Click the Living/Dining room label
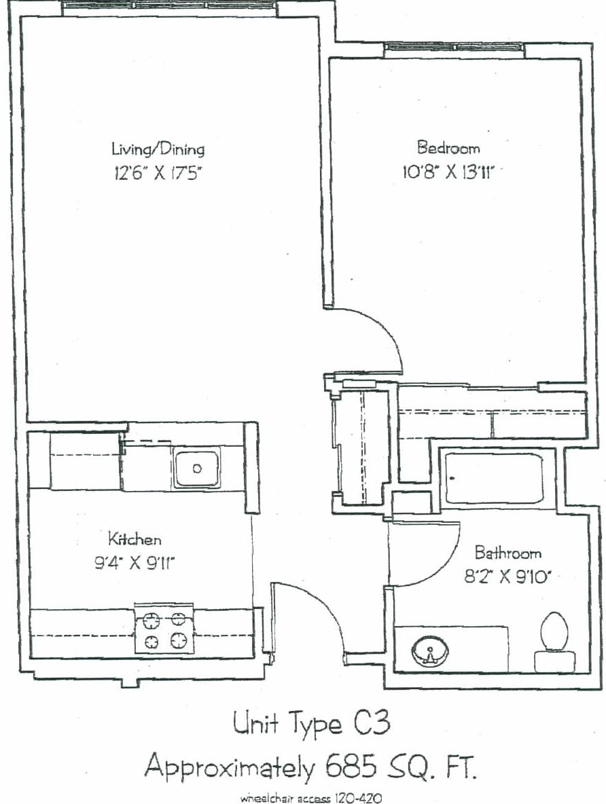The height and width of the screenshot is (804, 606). [x=158, y=149]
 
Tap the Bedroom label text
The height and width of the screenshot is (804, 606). [x=448, y=147]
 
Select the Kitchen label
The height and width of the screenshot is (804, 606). [x=135, y=539]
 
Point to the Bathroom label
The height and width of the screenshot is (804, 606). [x=508, y=553]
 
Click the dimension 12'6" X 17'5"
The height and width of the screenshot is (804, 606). [x=156, y=174]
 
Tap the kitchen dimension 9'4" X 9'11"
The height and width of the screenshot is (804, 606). [x=135, y=564]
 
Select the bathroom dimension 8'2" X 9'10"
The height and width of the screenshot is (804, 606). [x=507, y=577]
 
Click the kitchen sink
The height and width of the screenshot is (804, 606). [x=196, y=467]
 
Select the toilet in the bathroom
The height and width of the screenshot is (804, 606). [x=554, y=642]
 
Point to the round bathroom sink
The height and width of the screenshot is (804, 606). [x=430, y=652]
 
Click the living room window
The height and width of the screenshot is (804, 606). [x=171, y=7]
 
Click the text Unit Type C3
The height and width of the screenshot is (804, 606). [x=311, y=724]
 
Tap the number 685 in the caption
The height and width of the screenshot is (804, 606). [x=351, y=767]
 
